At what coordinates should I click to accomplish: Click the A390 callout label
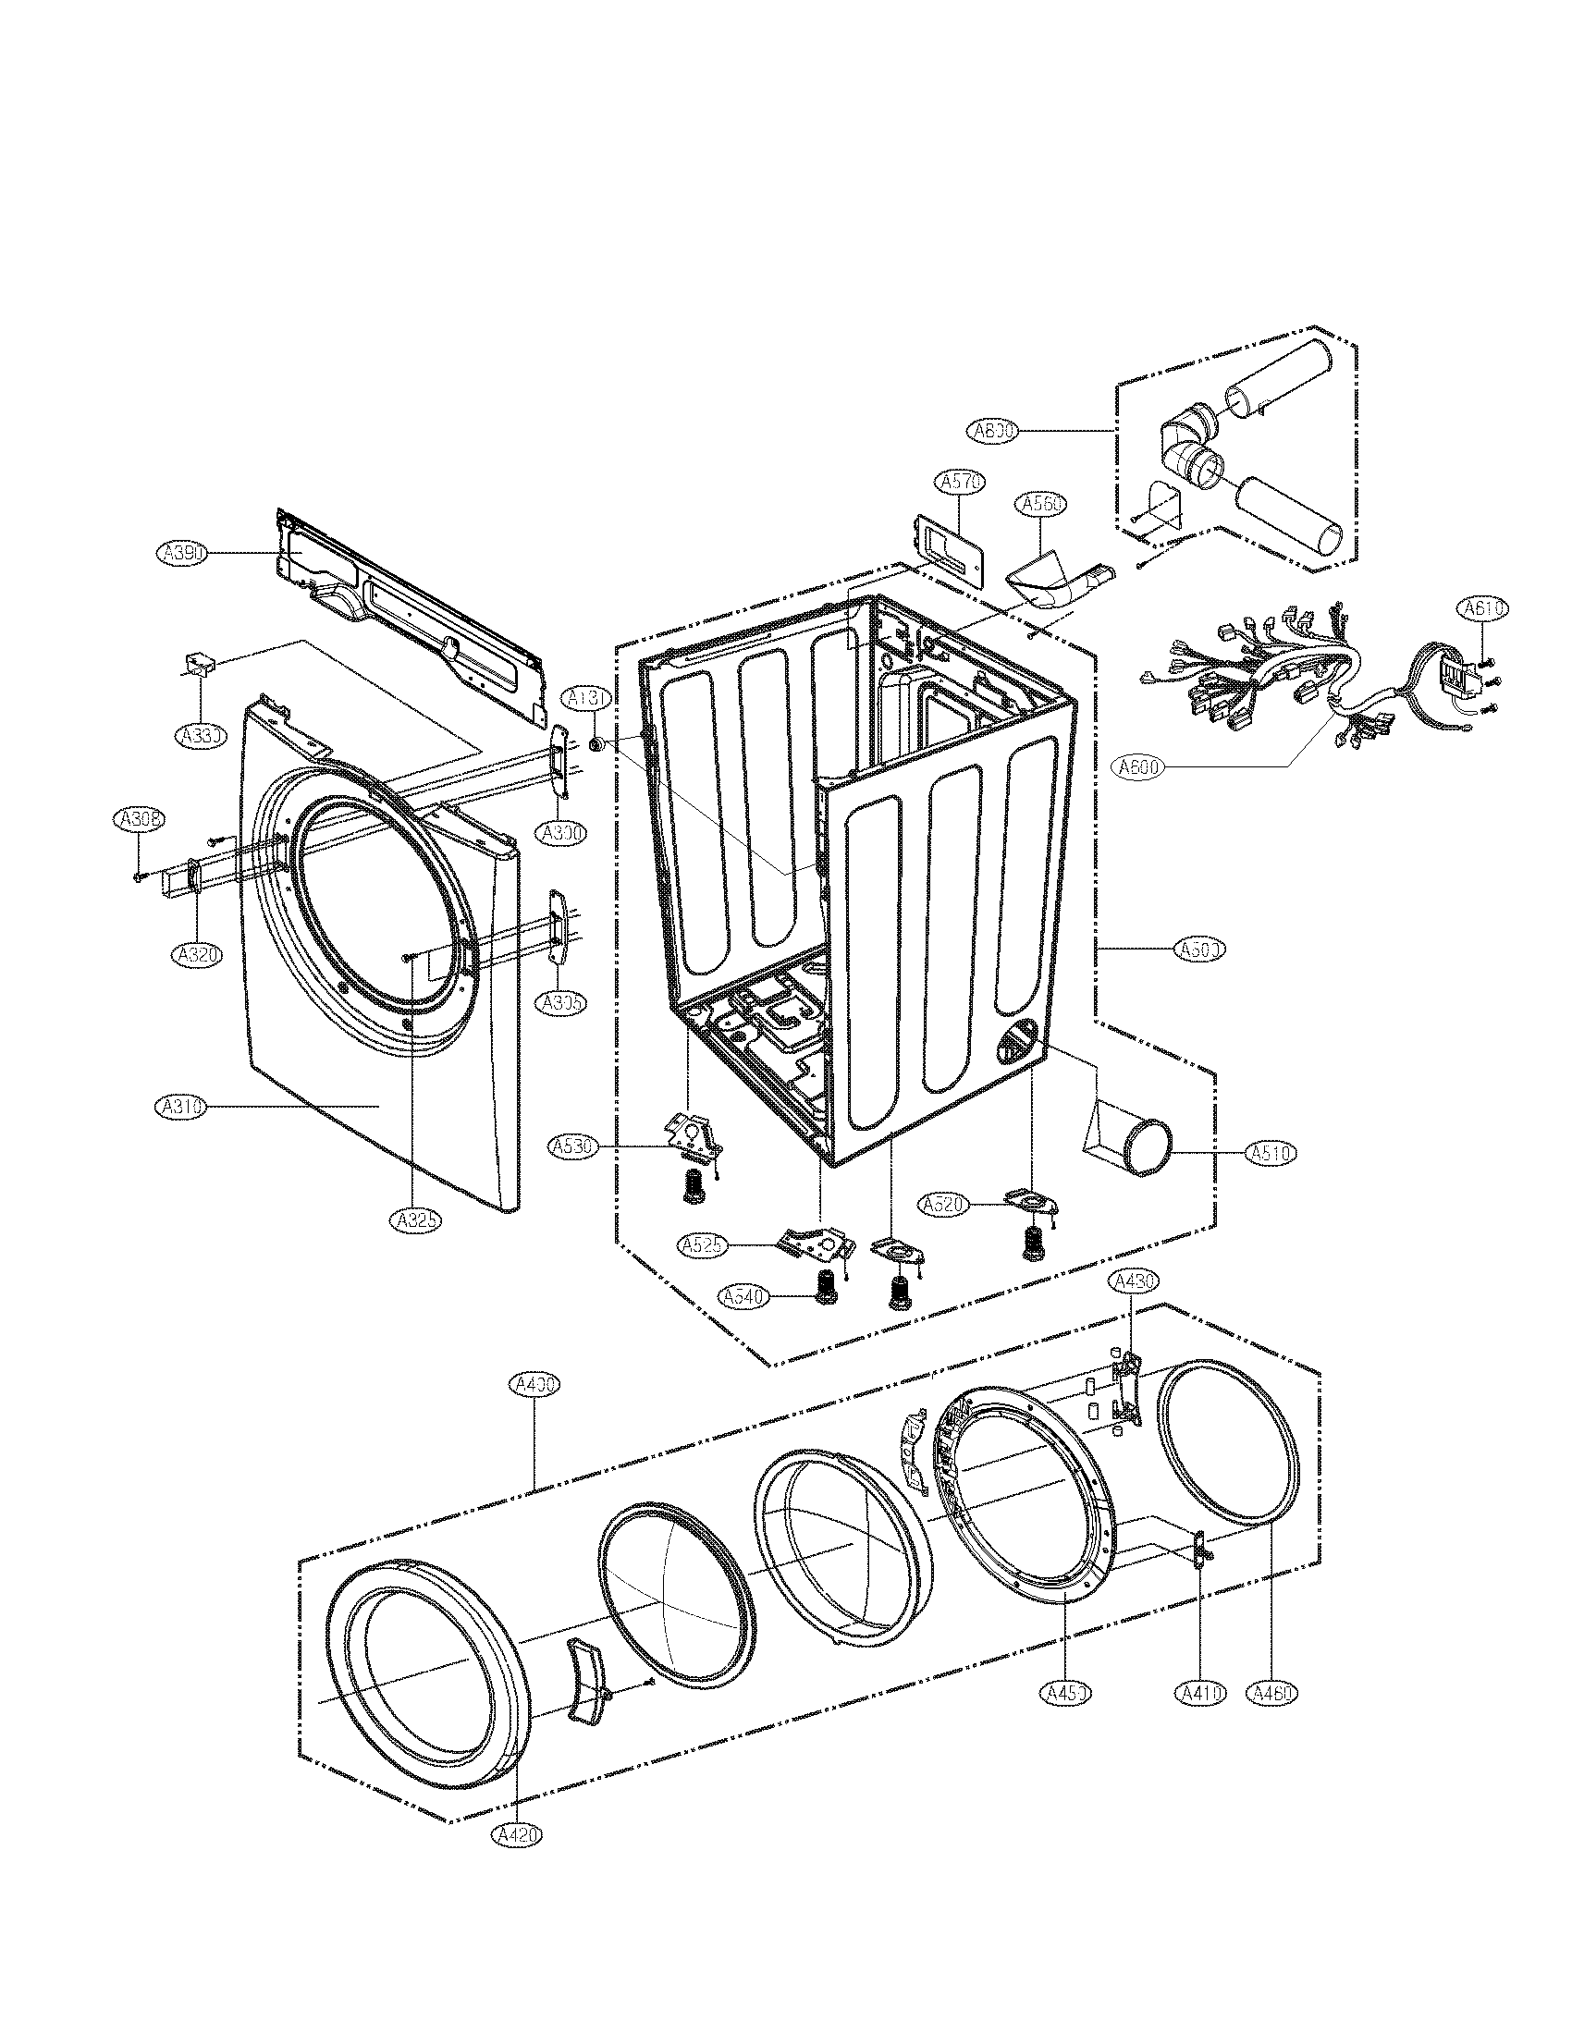(x=180, y=553)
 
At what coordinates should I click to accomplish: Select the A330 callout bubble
(x=201, y=735)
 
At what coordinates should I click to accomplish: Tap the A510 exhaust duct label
(x=1271, y=1153)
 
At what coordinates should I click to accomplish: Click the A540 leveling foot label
(x=743, y=1296)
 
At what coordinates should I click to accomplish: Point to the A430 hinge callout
(x=1133, y=1282)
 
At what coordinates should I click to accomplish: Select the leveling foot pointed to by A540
(x=823, y=1290)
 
